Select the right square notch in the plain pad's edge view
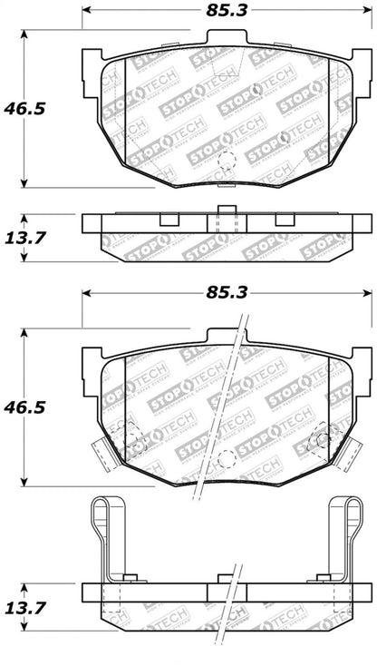pos(285,220)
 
